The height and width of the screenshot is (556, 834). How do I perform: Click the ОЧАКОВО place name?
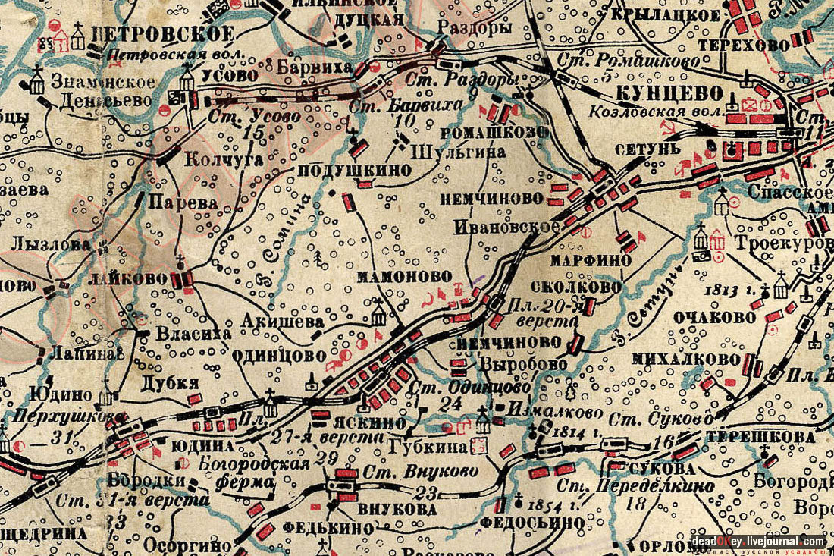click(714, 318)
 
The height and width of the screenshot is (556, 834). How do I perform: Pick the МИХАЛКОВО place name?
click(691, 358)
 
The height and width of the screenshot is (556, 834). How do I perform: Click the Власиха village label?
click(187, 333)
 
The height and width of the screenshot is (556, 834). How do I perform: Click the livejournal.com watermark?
click(757, 541)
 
